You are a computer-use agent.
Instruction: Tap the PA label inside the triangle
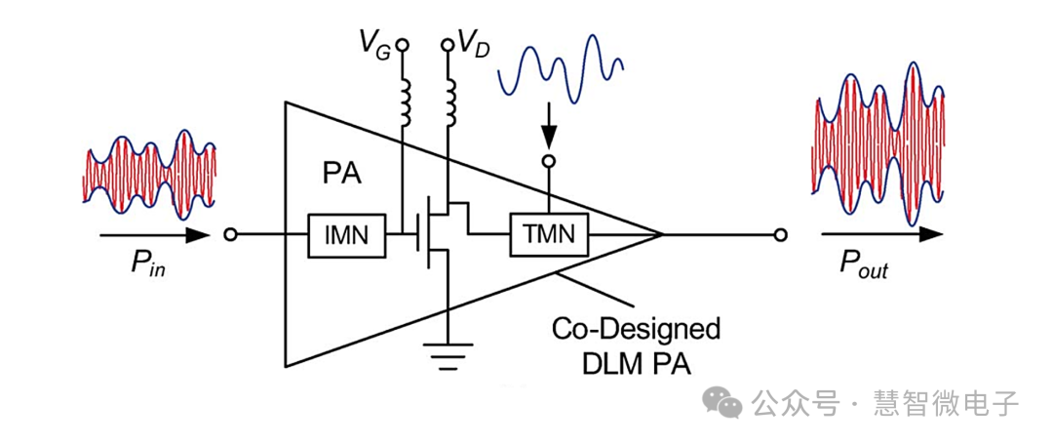[342, 175]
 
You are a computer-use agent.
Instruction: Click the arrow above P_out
[881, 235]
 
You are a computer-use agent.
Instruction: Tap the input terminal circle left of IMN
[230, 235]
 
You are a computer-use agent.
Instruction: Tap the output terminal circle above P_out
[779, 235]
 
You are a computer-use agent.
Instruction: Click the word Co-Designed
[636, 329]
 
